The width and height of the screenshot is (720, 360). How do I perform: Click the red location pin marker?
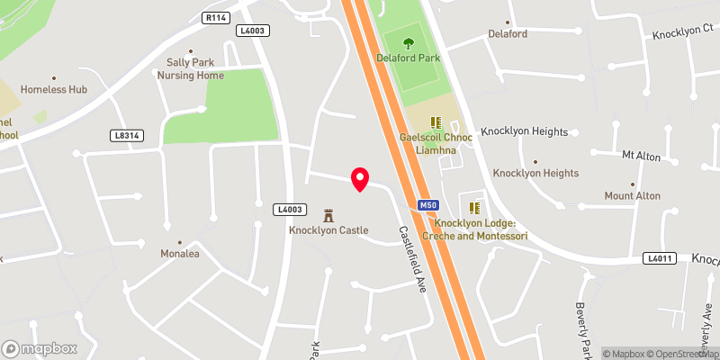360,179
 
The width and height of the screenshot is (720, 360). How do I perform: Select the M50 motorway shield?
428,205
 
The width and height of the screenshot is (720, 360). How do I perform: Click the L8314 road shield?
127,136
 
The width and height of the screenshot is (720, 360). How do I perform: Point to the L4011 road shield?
659,258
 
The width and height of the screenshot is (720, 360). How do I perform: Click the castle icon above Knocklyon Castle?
328,215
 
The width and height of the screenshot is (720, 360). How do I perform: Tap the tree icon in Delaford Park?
409,41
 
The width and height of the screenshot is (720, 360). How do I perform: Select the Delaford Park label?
409,58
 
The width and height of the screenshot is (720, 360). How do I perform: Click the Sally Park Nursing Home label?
190,69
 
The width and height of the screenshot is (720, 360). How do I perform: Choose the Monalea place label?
179,254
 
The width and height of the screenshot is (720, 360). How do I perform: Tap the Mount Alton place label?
632,195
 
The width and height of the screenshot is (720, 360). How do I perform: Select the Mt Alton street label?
641,157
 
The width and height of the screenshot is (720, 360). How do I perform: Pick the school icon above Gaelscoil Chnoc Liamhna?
437,122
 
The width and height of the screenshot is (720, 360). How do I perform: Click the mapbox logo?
40,348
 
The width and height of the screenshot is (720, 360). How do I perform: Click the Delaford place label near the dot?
508,34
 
